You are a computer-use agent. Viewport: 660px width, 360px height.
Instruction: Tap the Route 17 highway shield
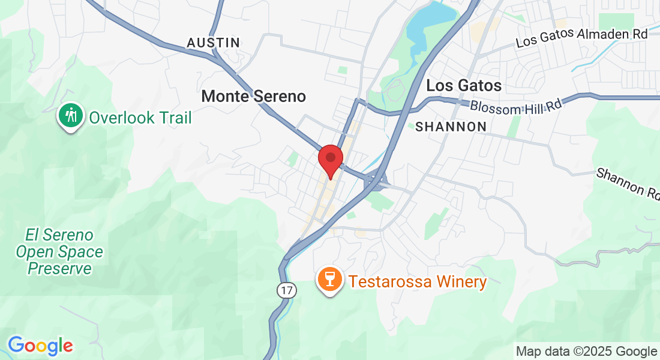pyautogui.click(x=287, y=290)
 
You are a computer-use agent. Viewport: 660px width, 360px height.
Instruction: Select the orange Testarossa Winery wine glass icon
pyautogui.click(x=330, y=280)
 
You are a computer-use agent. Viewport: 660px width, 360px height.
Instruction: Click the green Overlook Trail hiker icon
pyautogui.click(x=71, y=116)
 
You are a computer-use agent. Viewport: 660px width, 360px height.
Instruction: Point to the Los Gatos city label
pyautogui.click(x=464, y=86)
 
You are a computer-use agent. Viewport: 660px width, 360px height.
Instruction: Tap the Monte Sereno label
pyautogui.click(x=253, y=96)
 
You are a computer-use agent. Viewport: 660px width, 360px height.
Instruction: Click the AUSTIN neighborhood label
pyautogui.click(x=213, y=43)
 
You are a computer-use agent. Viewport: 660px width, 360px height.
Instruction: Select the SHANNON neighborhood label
pyautogui.click(x=451, y=127)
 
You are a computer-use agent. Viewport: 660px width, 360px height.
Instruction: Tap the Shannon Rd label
pyautogui.click(x=628, y=184)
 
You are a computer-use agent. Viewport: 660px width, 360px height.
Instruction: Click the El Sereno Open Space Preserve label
pyautogui.click(x=59, y=251)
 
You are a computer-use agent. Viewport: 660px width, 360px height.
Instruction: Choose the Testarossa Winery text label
pyautogui.click(x=418, y=281)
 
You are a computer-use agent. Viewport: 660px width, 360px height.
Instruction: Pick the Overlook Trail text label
pyautogui.click(x=140, y=118)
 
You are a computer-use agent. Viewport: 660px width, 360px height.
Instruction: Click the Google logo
pyautogui.click(x=40, y=346)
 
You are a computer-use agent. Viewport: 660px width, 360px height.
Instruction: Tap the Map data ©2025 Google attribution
pyautogui.click(x=586, y=352)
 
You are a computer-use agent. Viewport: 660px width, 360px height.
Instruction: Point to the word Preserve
pyautogui.click(x=59, y=268)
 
